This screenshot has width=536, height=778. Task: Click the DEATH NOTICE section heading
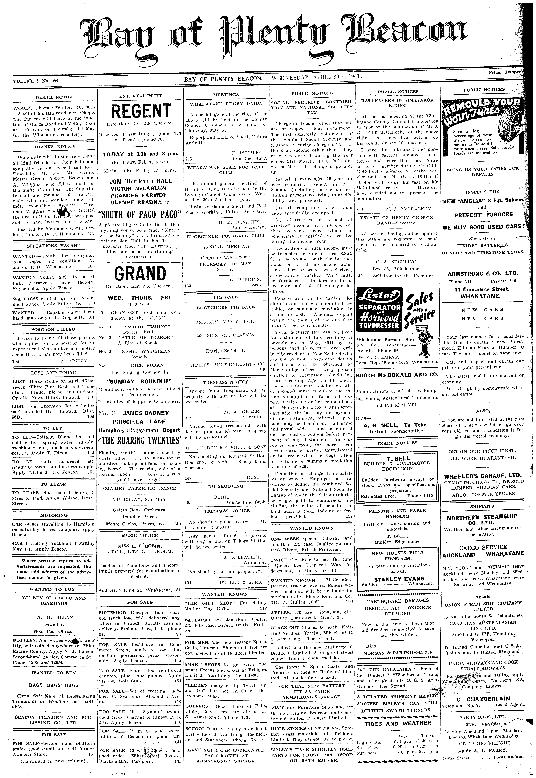point(55,97)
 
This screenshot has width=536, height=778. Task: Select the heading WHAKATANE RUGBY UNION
point(226,104)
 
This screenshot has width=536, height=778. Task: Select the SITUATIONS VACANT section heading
point(54,246)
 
